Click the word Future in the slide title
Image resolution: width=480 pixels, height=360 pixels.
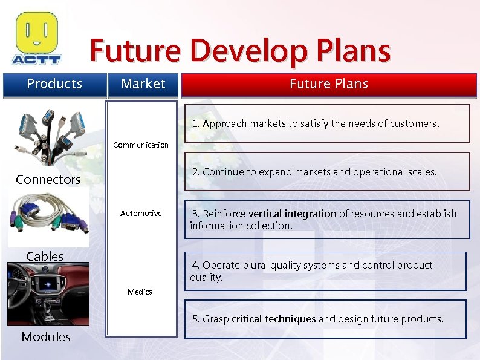tap(135, 51)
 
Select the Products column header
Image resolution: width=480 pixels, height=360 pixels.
tap(54, 84)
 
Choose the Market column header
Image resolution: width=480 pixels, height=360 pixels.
tap(143, 84)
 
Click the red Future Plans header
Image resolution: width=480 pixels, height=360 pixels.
tap(329, 84)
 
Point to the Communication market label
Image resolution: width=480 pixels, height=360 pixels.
tap(141, 145)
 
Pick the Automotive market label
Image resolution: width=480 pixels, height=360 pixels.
tap(141, 214)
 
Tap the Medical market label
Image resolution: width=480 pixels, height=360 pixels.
tap(141, 292)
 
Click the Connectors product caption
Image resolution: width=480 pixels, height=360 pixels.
tap(48, 180)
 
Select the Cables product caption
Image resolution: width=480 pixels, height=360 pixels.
tap(45, 256)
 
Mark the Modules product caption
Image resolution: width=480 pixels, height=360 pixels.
tap(46, 337)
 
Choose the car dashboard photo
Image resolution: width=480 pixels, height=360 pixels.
tap(48, 293)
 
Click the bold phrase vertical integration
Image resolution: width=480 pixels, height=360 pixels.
tap(293, 214)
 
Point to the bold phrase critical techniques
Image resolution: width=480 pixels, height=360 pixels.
tap(273, 319)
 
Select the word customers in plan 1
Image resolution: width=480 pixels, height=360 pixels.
tap(417, 124)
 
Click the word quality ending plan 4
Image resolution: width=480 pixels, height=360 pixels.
tap(206, 277)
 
